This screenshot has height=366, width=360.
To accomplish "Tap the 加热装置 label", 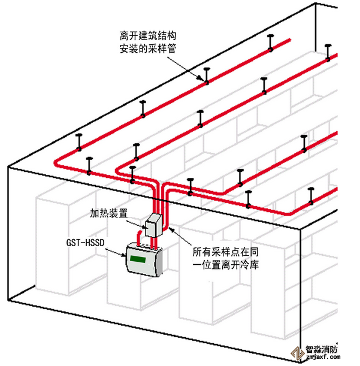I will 108,213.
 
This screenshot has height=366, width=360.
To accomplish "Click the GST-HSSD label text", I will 86,244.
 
